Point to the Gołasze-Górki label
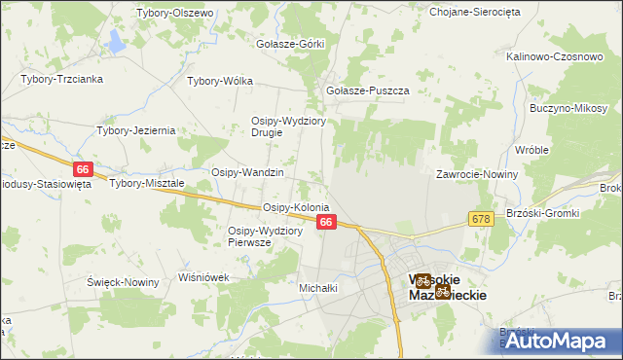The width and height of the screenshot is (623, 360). [x=289, y=44]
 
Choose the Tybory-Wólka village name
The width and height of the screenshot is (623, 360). [x=219, y=82]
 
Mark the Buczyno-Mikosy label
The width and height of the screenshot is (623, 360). [x=568, y=108]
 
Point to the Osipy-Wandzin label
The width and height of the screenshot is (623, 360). [x=247, y=172]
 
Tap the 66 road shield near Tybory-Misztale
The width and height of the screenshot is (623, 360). [x=82, y=169]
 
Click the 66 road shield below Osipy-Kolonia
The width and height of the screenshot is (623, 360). [x=327, y=223]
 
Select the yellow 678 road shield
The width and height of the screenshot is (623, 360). [x=481, y=220]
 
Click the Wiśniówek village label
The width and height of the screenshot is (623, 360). [x=203, y=277]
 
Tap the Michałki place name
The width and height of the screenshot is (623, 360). [x=317, y=288]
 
